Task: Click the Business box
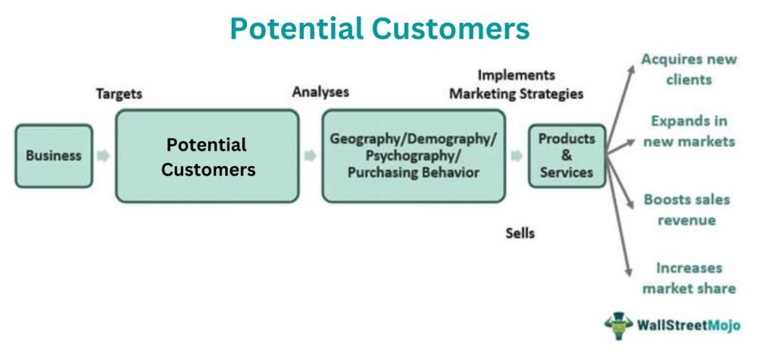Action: [x=54, y=156]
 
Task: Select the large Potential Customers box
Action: [x=208, y=156]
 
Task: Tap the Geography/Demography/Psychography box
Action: [x=414, y=156]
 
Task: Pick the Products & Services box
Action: [x=567, y=156]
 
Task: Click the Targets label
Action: [x=119, y=95]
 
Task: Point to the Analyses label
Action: [x=320, y=92]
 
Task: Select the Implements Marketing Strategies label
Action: [x=516, y=85]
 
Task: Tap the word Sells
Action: [x=520, y=233]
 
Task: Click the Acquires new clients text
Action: [x=689, y=69]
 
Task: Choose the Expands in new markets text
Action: [x=689, y=131]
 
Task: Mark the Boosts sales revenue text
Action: [x=686, y=210]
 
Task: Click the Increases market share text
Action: [x=689, y=278]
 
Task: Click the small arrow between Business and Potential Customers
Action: [x=104, y=156]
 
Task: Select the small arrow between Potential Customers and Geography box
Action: [x=310, y=156]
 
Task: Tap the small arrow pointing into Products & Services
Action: [x=517, y=156]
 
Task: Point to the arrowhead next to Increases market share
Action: [x=628, y=271]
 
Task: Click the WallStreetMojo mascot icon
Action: [x=618, y=326]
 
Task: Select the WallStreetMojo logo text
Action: [x=688, y=327]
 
